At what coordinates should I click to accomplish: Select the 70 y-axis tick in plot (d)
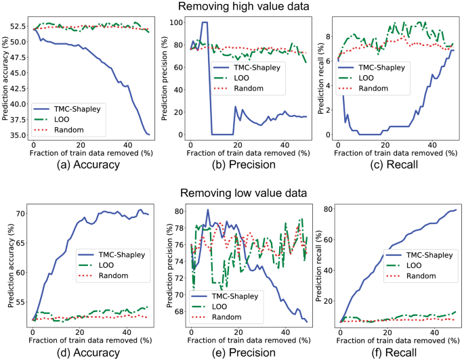pos(20,214)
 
